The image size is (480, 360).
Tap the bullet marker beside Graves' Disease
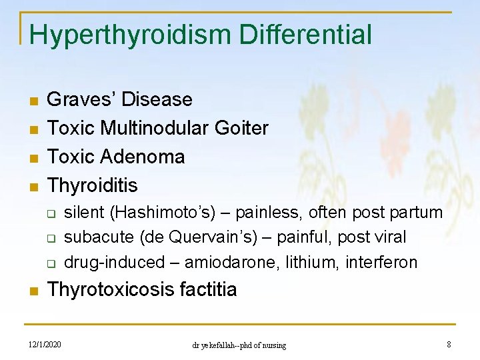[x=32, y=101]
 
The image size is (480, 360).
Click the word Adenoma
[x=143, y=156]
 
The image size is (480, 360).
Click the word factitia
[x=204, y=289]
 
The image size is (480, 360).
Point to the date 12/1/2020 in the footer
[x=45, y=344]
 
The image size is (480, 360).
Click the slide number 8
[x=449, y=344]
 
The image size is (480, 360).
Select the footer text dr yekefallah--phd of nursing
[x=239, y=345]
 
